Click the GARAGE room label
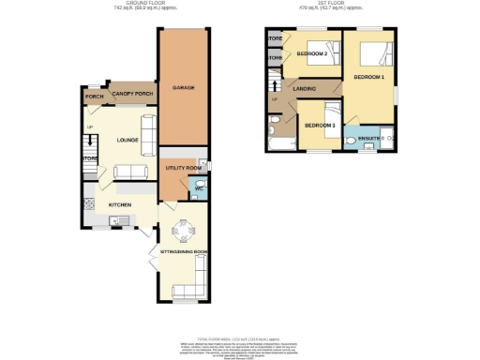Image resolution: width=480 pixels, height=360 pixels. [x=183, y=88]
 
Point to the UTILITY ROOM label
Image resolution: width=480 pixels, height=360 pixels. [x=184, y=168]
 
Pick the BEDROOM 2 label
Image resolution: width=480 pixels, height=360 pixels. [x=312, y=54]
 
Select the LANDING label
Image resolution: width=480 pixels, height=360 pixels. [x=304, y=89]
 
